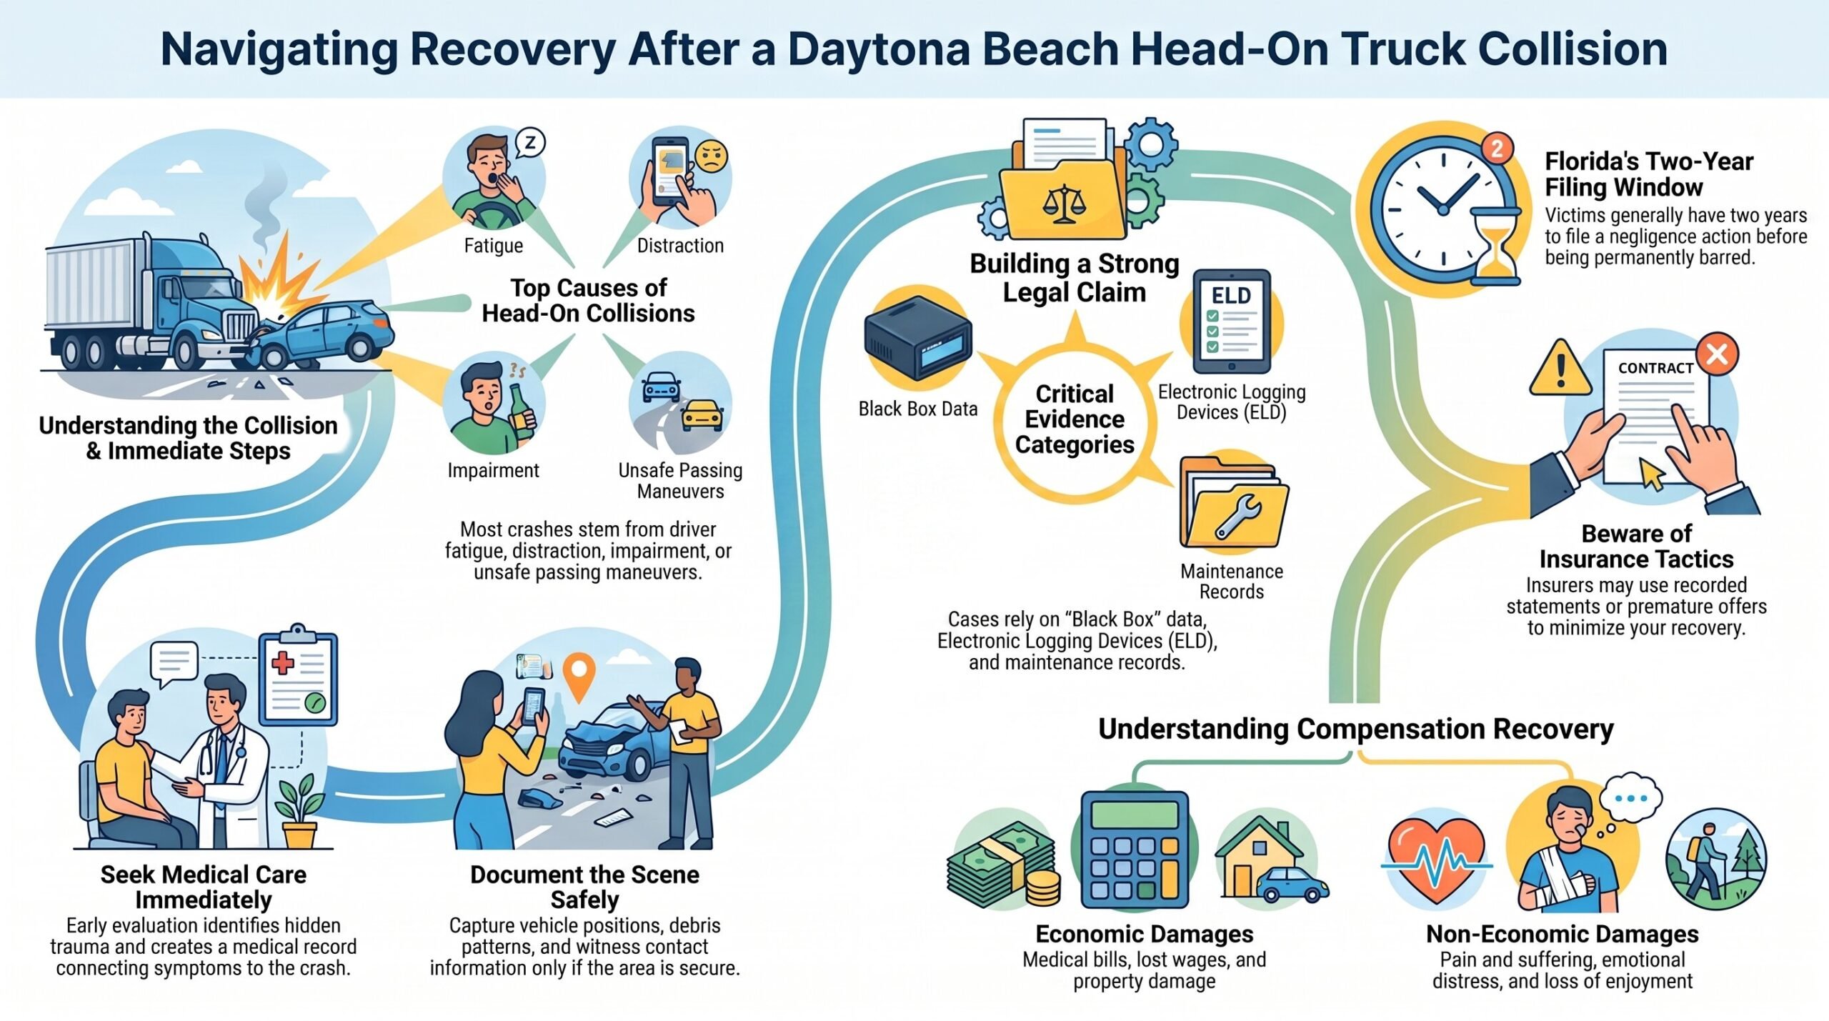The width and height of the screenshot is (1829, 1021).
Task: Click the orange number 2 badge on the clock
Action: (x=1497, y=149)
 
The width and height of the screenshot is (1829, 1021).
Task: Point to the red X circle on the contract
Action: (x=1717, y=354)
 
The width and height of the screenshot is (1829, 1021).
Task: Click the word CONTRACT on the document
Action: (x=1655, y=368)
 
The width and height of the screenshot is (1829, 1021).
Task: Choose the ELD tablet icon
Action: (x=1231, y=322)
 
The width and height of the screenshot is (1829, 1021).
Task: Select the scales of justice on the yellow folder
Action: (x=1064, y=204)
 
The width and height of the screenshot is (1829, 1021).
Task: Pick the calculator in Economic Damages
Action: (x=1135, y=850)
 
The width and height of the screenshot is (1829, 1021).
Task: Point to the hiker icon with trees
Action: (x=1716, y=860)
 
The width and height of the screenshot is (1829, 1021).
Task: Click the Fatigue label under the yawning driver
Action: (x=494, y=246)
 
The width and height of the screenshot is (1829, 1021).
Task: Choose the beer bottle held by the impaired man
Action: (x=521, y=413)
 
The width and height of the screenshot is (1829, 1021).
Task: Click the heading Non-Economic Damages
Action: (x=1563, y=934)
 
